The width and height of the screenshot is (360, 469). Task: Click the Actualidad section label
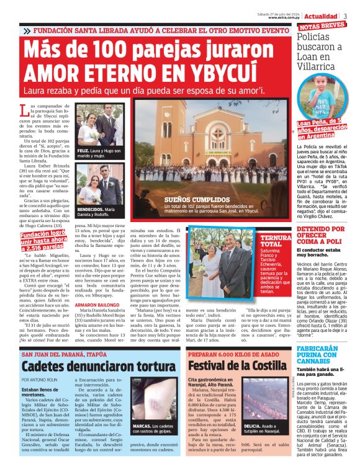click(x=322, y=16)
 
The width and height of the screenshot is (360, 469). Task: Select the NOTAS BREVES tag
click(x=322, y=27)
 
